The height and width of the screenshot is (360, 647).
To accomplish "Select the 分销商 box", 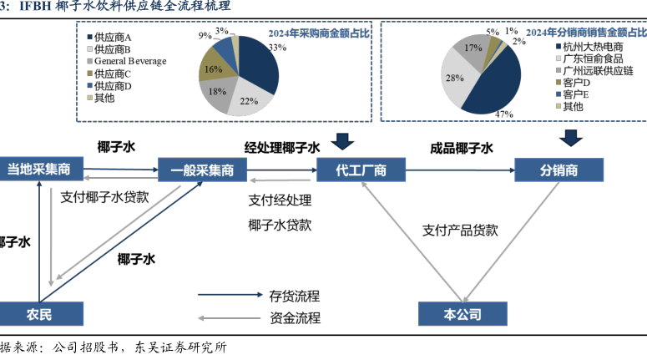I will pos(559,170).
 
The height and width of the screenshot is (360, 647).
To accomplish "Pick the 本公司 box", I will pos(462,313).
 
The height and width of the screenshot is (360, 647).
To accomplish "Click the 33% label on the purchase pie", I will pos(277,48).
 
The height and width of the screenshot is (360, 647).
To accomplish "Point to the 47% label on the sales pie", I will pos(503,114).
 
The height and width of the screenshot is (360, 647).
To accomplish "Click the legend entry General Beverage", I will pos(129,61).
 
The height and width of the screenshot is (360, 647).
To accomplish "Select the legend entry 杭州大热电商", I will pos(593,47).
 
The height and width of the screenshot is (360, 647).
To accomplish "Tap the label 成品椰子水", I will pos(462,148).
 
